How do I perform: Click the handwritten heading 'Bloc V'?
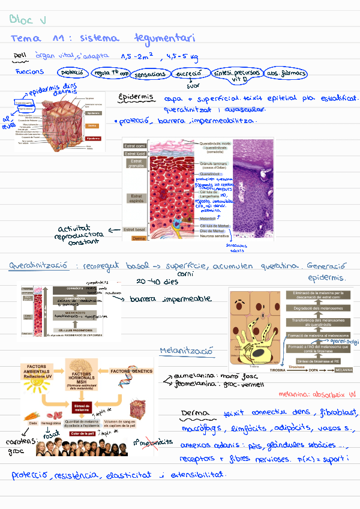(x=28, y=20)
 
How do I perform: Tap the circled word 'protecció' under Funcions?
(x=72, y=73)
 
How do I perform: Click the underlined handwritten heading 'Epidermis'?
(x=136, y=97)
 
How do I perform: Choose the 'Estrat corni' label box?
(x=134, y=146)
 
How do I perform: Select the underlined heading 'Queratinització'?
(x=37, y=265)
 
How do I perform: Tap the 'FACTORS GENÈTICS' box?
(x=131, y=371)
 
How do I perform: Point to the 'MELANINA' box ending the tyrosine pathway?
(x=344, y=370)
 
